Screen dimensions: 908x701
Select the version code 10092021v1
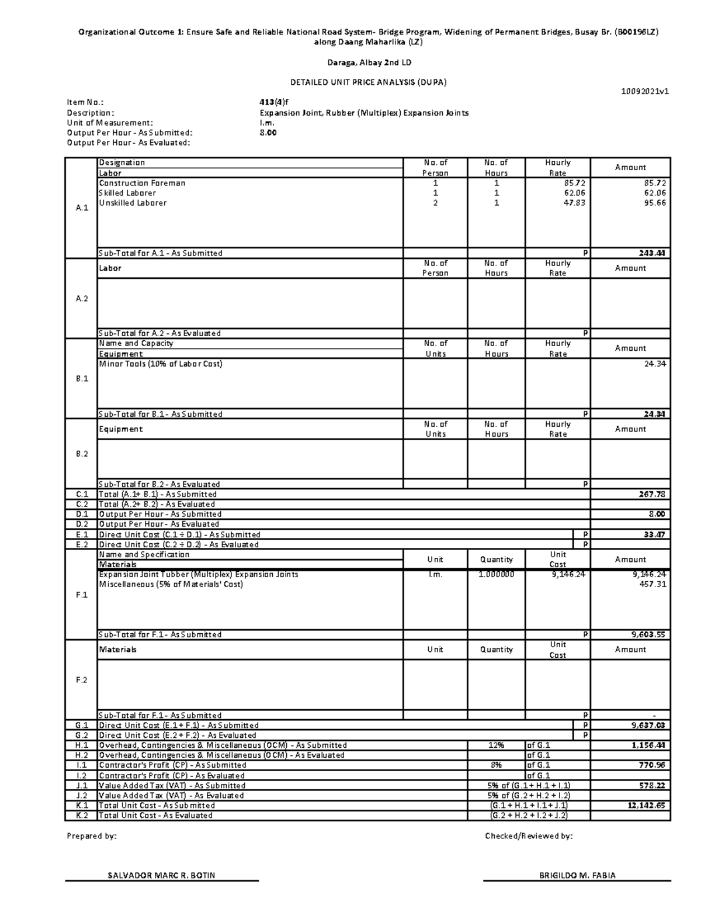[x=646, y=91]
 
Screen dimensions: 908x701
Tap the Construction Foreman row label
[x=142, y=183]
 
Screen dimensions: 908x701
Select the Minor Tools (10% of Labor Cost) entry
[x=161, y=364]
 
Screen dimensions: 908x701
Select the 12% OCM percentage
[x=496, y=745]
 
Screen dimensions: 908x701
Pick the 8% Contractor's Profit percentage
[x=496, y=765]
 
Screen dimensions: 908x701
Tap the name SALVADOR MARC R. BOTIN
[x=161, y=875]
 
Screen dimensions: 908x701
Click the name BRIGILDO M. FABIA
[x=577, y=875]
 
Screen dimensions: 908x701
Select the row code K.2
[x=82, y=815]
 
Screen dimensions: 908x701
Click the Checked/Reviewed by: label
[x=529, y=836]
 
